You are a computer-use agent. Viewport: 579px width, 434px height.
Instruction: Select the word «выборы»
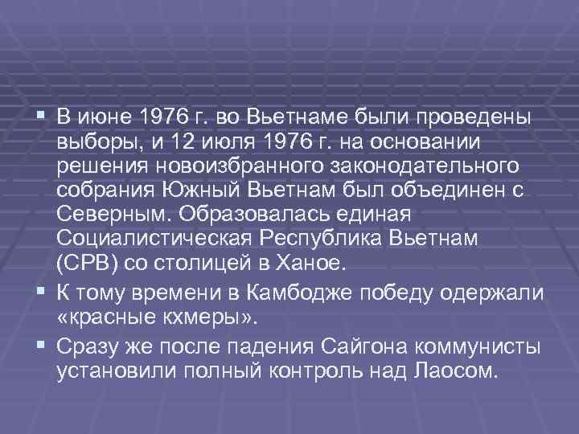96,141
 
